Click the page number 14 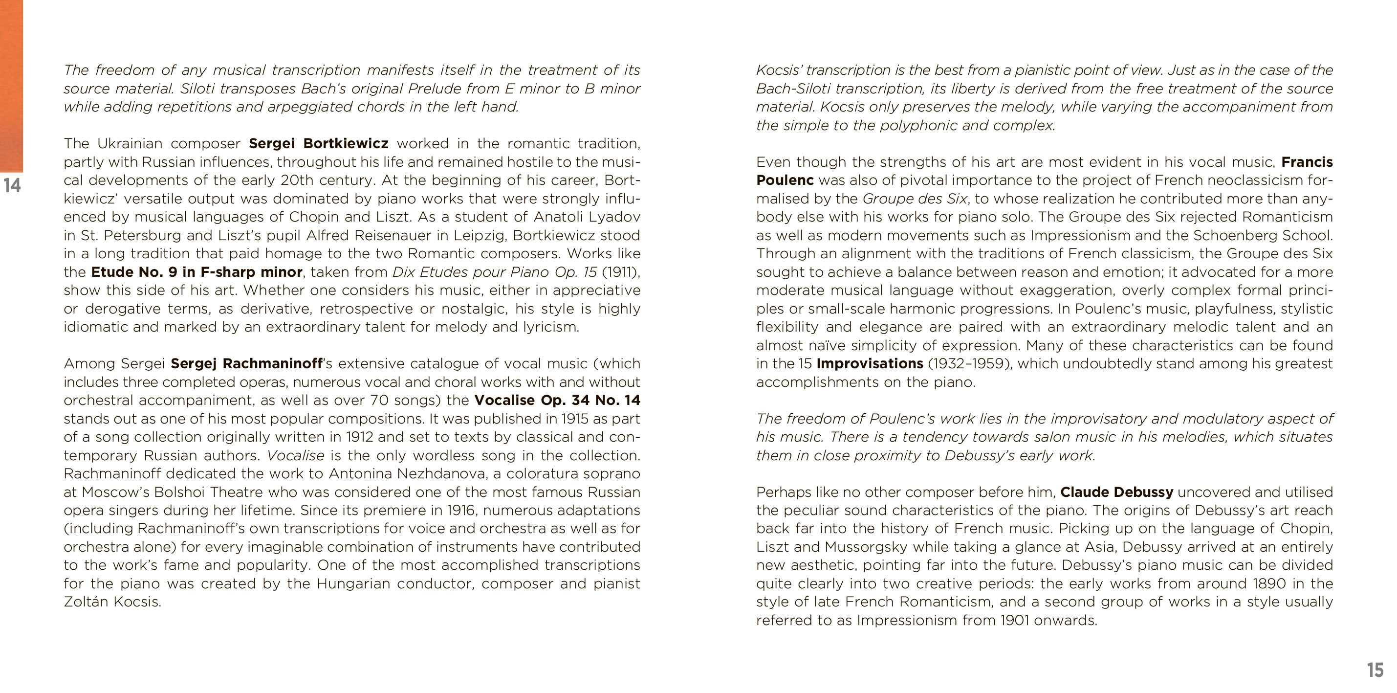12,185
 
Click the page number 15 1375,670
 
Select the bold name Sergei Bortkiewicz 318,143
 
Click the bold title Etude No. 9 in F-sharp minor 196,271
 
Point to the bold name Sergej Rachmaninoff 246,363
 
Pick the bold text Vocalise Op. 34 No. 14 557,400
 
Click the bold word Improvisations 869,363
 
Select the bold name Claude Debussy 1116,492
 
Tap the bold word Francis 1307,162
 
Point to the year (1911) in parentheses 620,271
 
